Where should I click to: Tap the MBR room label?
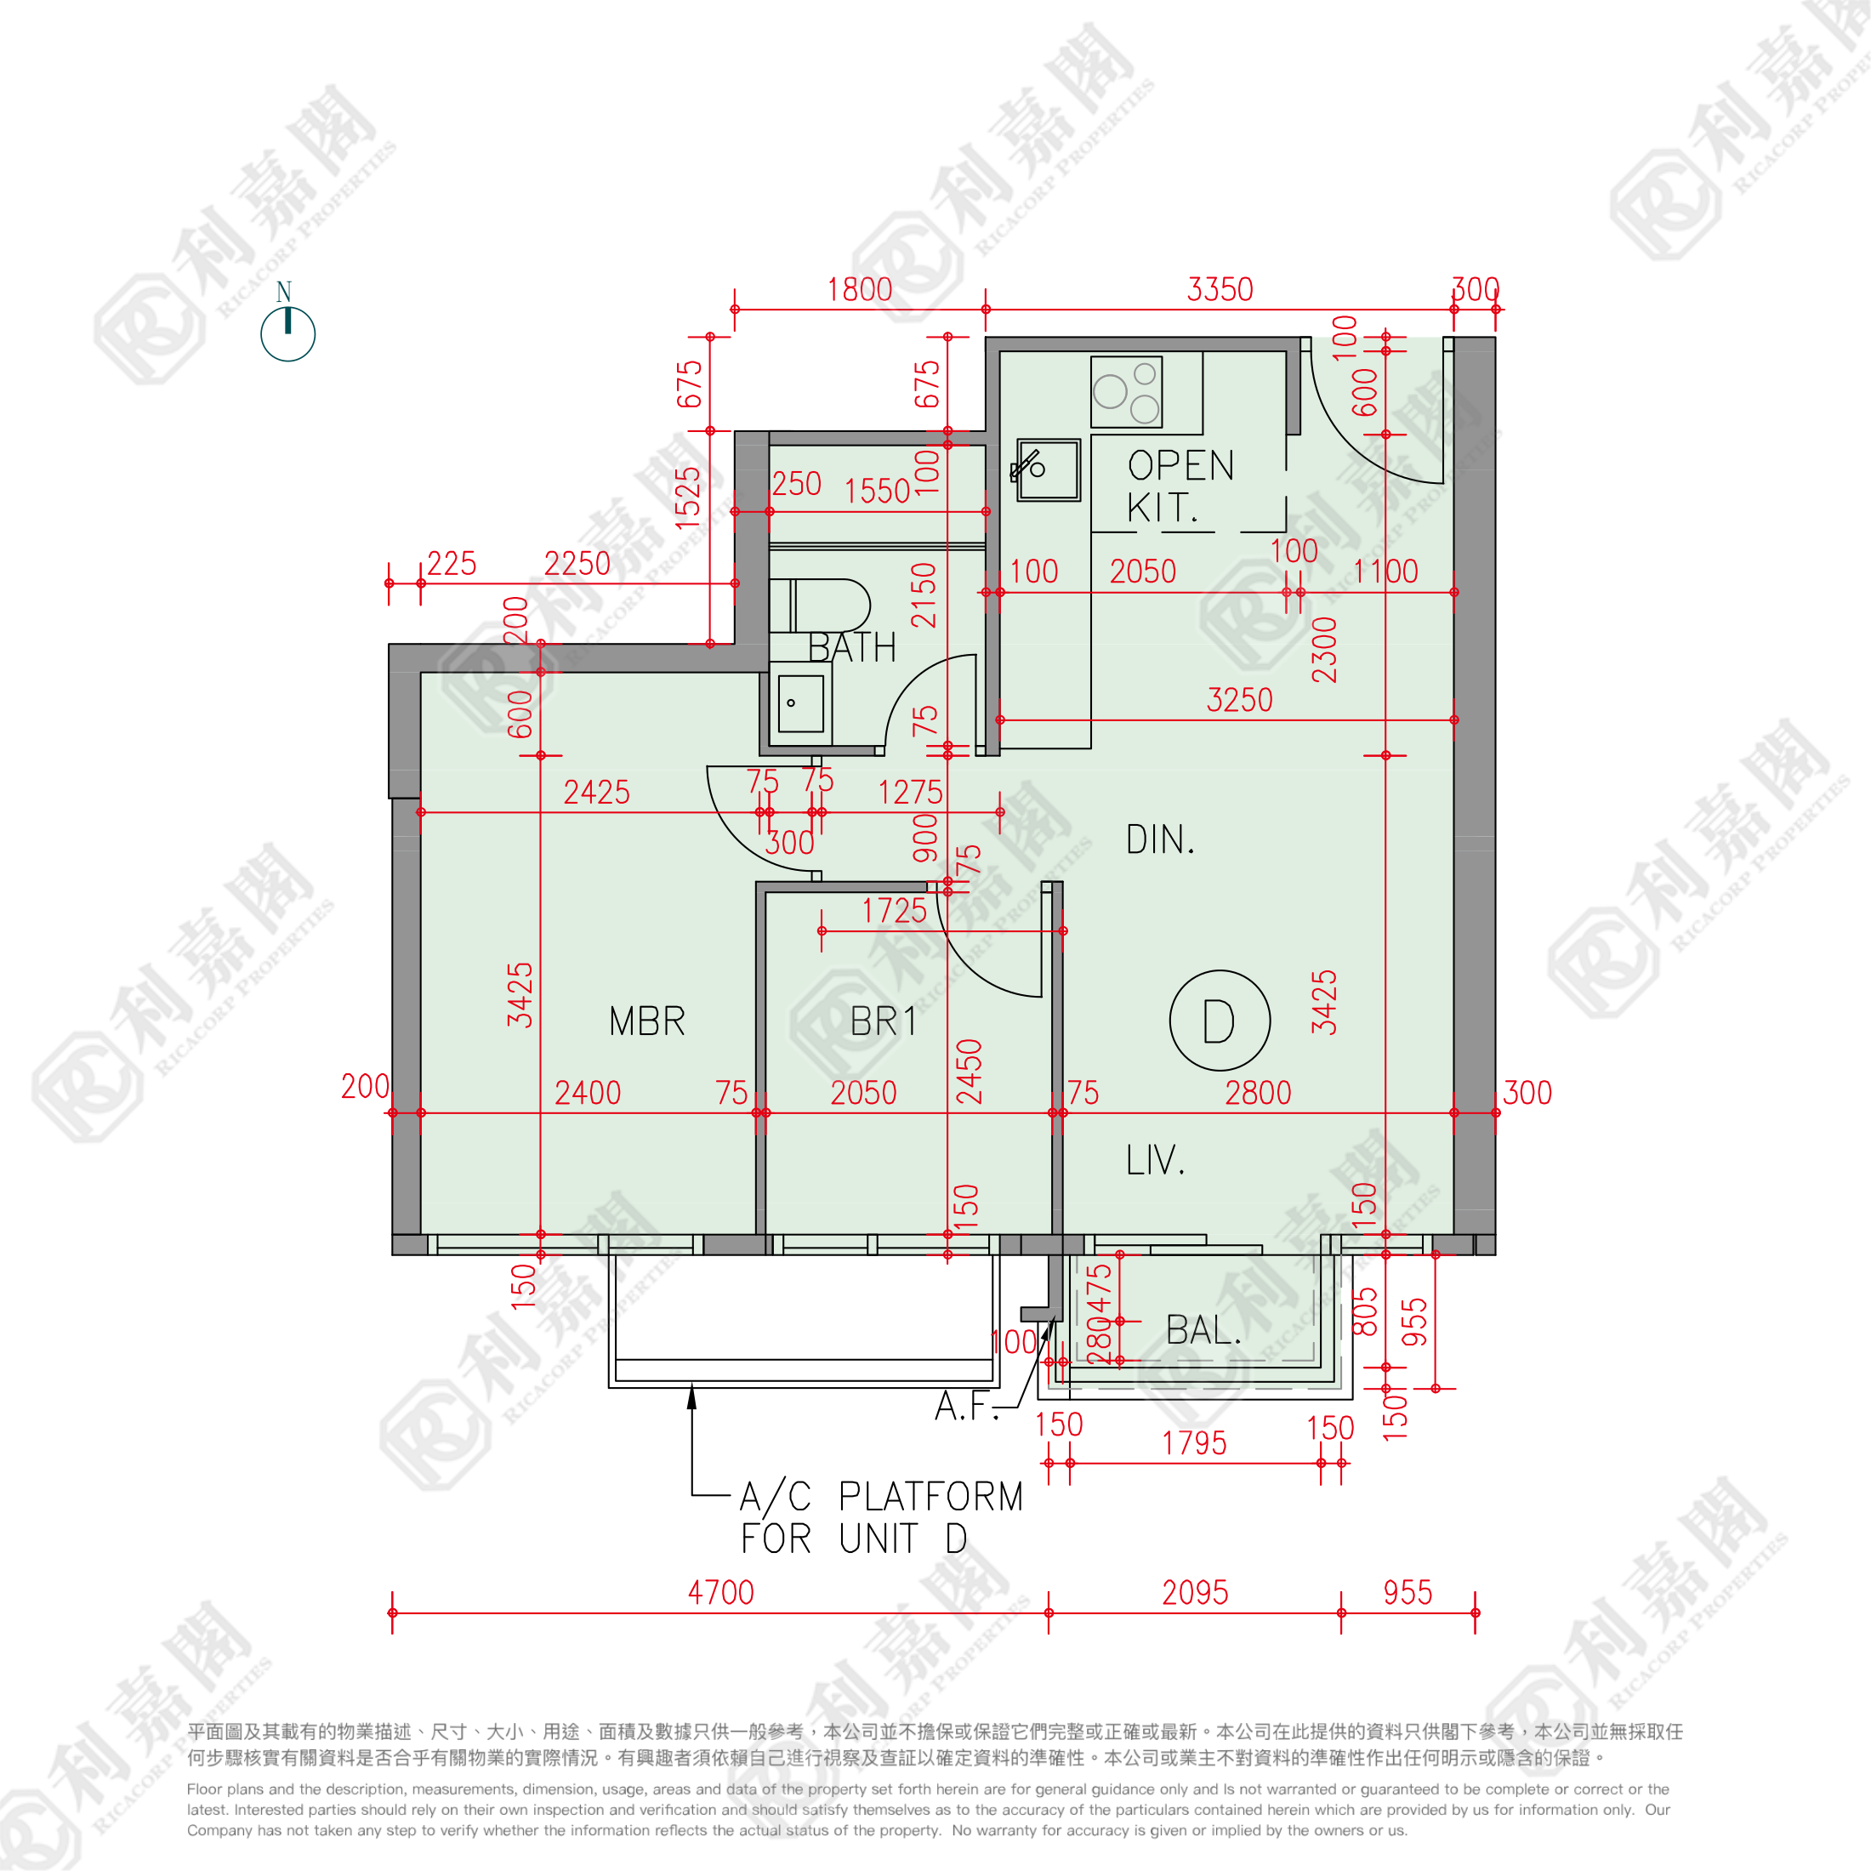(x=647, y=1021)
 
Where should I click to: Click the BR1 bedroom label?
(x=882, y=1021)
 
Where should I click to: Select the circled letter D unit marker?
(x=1220, y=1021)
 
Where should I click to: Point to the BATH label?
(x=851, y=648)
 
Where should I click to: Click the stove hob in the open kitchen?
(x=1126, y=392)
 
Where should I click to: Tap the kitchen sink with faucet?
(x=1048, y=470)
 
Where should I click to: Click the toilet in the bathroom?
(x=819, y=606)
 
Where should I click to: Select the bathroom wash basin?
(x=800, y=704)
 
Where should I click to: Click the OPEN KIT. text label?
(x=1180, y=486)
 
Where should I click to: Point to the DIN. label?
(x=1160, y=839)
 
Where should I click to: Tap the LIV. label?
(x=1154, y=1159)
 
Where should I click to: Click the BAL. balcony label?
(x=1203, y=1331)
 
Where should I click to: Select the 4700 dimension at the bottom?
(x=720, y=1592)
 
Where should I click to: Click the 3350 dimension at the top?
(x=1220, y=289)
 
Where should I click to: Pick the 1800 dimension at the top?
(x=859, y=289)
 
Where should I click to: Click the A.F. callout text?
(x=965, y=1406)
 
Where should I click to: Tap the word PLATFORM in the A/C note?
(x=930, y=1496)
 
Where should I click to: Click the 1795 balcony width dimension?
(x=1193, y=1444)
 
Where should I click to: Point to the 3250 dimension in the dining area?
(x=1238, y=700)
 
